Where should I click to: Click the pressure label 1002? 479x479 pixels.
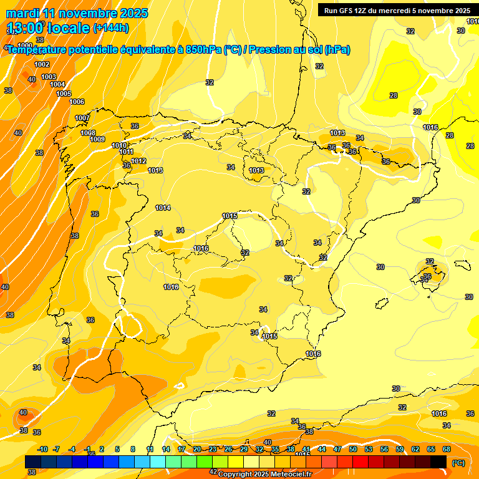point(42,64)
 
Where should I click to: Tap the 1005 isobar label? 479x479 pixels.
point(64,94)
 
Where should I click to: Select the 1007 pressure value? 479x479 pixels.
point(82,118)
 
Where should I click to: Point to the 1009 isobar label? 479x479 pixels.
point(97,139)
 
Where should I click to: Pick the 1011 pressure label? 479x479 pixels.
point(126,152)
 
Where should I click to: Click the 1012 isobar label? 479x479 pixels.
point(138,161)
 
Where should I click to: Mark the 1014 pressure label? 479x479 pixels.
point(163,208)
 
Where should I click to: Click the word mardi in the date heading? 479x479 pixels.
point(22,13)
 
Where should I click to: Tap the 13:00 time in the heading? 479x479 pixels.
point(26,28)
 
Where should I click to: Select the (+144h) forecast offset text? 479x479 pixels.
point(110,28)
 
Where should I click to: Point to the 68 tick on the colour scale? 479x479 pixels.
point(447,449)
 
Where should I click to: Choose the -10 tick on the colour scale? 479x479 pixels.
point(42,449)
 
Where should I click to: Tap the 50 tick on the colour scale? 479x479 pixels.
point(353,449)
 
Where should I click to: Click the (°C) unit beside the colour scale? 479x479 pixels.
point(458,463)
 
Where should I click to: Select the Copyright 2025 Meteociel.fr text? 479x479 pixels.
point(265,474)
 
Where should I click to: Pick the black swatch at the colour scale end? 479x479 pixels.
point(438,462)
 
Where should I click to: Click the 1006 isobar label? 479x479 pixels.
point(77,102)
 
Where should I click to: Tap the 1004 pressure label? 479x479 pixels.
point(57,84)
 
